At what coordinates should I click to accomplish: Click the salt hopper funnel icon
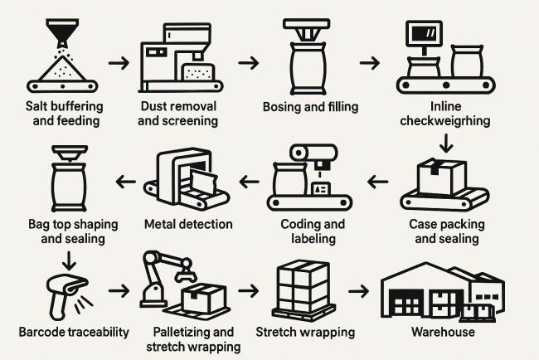[x=59, y=35]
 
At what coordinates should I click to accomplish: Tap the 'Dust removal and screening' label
[x=178, y=114]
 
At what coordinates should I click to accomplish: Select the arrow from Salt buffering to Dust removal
[x=119, y=63]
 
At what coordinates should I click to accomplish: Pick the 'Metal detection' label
[x=188, y=224]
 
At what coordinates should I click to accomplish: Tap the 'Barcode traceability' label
[x=74, y=333]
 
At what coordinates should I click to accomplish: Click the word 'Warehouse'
[x=443, y=333]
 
